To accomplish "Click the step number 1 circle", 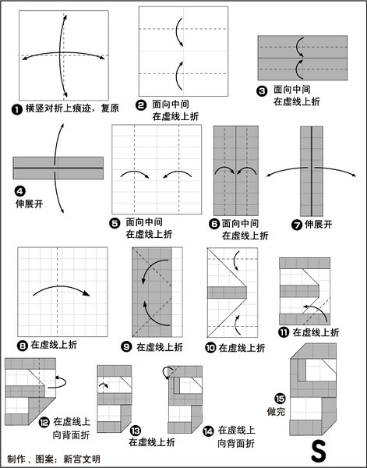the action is pyautogui.click(x=17, y=109).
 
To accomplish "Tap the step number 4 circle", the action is pyautogui.click(x=20, y=191).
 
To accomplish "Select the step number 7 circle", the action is pyautogui.click(x=297, y=225).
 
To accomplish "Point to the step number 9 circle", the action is pyautogui.click(x=126, y=347).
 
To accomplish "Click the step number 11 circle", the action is pyautogui.click(x=284, y=332).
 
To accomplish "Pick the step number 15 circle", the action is pyautogui.click(x=280, y=399).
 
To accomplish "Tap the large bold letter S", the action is pyautogui.click(x=319, y=451).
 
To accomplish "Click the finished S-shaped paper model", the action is pyautogui.click(x=313, y=389).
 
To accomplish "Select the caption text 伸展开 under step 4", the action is pyautogui.click(x=29, y=204).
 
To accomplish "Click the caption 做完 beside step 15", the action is pyautogui.click(x=276, y=412).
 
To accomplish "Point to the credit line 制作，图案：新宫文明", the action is pyautogui.click(x=54, y=459).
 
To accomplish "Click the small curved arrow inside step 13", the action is pyautogui.click(x=104, y=385).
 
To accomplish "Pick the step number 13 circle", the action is pyautogui.click(x=136, y=431).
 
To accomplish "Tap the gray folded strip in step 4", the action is pyautogui.click(x=58, y=168).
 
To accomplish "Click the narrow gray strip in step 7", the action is pyautogui.click(x=312, y=171).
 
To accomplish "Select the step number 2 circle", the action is pyautogui.click(x=141, y=105).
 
